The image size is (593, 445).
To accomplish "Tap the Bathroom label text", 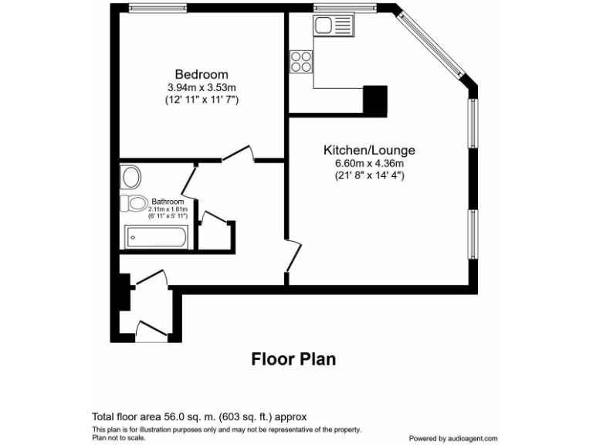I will pyautogui.click(x=168, y=201).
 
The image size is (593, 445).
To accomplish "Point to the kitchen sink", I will pyautogui.click(x=333, y=28).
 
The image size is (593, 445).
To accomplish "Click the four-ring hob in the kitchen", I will pyautogui.click(x=301, y=60).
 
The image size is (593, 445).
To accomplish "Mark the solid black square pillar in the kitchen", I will pyautogui.click(x=375, y=100).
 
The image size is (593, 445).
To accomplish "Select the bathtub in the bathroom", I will pyautogui.click(x=157, y=237).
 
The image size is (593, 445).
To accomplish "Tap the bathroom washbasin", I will pyautogui.click(x=130, y=178).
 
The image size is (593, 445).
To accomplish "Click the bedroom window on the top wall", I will pyautogui.click(x=158, y=8).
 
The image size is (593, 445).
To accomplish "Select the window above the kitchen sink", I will pyautogui.click(x=345, y=8).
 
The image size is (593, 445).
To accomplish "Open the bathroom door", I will pyautogui.click(x=189, y=179).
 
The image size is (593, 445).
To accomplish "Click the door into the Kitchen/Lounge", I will pyautogui.click(x=291, y=254).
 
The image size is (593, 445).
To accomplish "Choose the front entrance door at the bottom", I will pyautogui.click(x=151, y=331).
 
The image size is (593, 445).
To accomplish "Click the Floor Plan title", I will pyautogui.click(x=293, y=359).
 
